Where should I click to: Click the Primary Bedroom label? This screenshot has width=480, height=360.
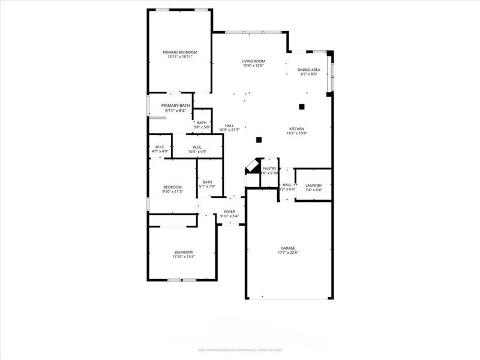pos(179,52)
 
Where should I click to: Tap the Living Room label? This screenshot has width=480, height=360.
pos(254,61)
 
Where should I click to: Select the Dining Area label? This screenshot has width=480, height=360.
pos(309,70)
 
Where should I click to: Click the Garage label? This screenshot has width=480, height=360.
pos(289,247)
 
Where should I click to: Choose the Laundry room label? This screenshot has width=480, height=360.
pos(314,185)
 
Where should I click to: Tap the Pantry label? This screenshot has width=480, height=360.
pos(269,169)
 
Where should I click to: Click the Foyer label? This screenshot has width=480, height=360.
pos(230,212)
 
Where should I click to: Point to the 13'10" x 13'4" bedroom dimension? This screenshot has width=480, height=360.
pos(184,256)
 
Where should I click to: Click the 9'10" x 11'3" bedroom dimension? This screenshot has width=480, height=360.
pos(172,191)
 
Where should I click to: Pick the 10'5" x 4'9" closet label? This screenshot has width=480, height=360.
pos(199,151)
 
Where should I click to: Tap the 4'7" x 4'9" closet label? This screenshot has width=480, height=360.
pos(160,151)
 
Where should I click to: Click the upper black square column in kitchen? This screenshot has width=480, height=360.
pos(302,107)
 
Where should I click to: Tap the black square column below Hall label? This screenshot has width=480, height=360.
pos(259,140)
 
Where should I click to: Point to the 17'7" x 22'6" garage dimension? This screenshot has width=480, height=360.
pos(289,252)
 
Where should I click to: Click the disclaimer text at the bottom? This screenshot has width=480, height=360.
pos(240,350)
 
